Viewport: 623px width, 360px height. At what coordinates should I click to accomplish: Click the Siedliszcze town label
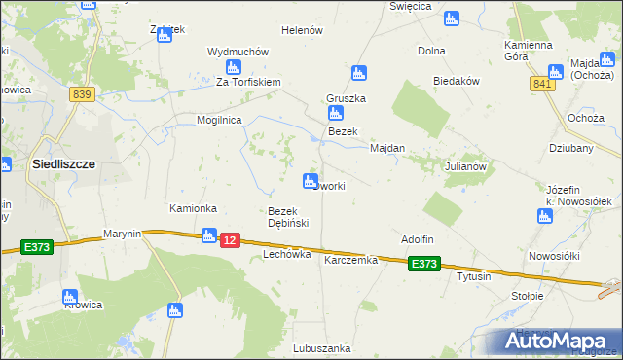pyautogui.click(x=63, y=164)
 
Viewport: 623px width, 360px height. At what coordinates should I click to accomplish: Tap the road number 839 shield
pyautogui.click(x=81, y=93)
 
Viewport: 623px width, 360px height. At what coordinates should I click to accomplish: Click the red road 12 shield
pyautogui.click(x=230, y=239)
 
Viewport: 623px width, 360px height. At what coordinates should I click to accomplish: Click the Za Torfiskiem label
pyautogui.click(x=248, y=83)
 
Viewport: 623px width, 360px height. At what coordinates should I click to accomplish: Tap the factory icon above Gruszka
pyautogui.click(x=358, y=73)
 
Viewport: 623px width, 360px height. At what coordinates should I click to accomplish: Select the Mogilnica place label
pyautogui.click(x=218, y=119)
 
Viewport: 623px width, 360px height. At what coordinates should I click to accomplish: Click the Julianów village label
pyautogui.click(x=465, y=166)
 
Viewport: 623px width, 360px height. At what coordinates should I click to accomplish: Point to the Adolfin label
pyautogui.click(x=417, y=238)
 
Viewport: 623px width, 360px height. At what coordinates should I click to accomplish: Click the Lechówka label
pyautogui.click(x=286, y=254)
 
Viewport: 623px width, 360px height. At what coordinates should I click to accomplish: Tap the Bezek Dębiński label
pyautogui.click(x=288, y=217)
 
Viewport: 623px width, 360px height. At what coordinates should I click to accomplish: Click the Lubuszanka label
pyautogui.click(x=321, y=347)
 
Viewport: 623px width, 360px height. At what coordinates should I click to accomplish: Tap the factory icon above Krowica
pyautogui.click(x=69, y=297)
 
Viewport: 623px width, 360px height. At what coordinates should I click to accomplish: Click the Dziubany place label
pyautogui.click(x=571, y=149)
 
